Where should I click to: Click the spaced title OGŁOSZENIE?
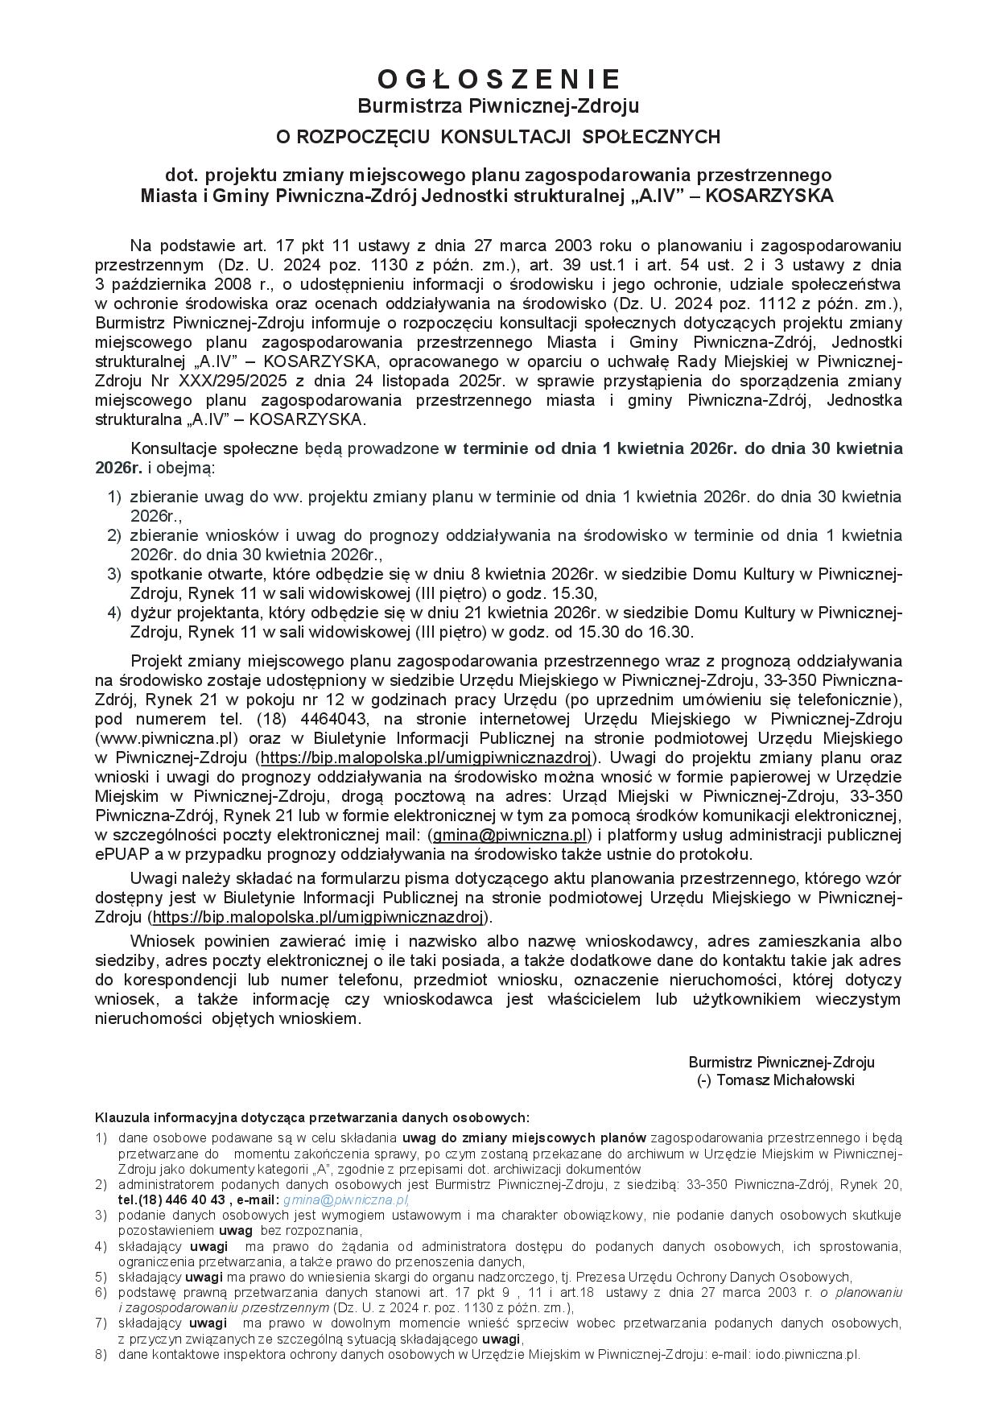pos(498,79)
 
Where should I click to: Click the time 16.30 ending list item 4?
pos(673,632)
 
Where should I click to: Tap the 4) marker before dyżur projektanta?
pos(114,613)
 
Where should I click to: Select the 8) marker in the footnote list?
pos(101,1354)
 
